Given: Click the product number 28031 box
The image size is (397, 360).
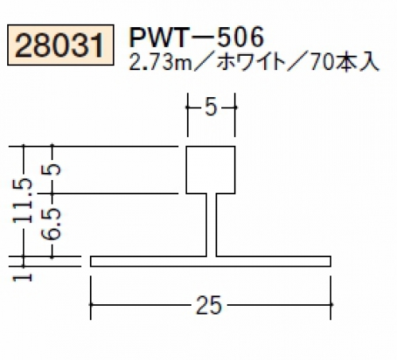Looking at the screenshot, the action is click(60, 45).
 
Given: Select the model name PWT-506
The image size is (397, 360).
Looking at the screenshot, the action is click(197, 37).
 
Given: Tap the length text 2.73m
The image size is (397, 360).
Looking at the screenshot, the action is click(160, 63).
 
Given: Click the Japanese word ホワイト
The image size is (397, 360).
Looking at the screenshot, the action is click(251, 63).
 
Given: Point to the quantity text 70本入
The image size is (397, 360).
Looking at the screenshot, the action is click(344, 63).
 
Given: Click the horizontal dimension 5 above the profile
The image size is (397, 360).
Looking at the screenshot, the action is click(211, 108).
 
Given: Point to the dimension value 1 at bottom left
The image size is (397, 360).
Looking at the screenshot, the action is click(23, 277).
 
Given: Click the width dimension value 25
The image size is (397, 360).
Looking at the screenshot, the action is click(208, 305).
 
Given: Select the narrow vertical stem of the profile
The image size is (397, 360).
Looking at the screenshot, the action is click(212, 225).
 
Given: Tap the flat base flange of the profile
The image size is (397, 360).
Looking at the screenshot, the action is click(211, 261).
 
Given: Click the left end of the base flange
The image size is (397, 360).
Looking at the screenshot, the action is click(91, 261).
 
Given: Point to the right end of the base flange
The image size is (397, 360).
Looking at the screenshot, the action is click(330, 261).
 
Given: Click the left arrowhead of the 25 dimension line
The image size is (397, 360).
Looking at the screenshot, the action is click(91, 304).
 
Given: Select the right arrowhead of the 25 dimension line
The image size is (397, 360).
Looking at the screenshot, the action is click(330, 304).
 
